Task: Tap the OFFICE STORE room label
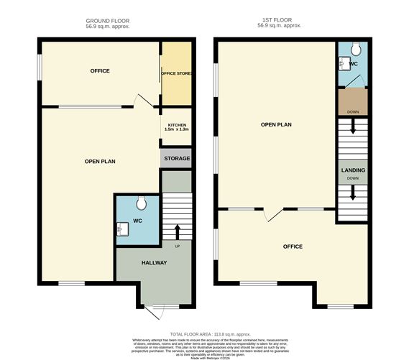pyautogui.click(x=176, y=73)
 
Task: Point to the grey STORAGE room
pyautogui.click(x=176, y=159)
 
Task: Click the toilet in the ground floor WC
pyautogui.click(x=141, y=200)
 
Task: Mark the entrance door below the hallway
pyautogui.click(x=154, y=310)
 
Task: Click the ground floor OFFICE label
pyautogui.click(x=99, y=71)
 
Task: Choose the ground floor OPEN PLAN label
pyautogui.click(x=100, y=161)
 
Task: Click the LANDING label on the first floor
pyautogui.click(x=352, y=170)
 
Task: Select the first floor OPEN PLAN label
pyautogui.click(x=276, y=124)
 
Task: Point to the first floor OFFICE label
pyautogui.click(x=293, y=246)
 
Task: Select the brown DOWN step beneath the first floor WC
pyautogui.click(x=352, y=102)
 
